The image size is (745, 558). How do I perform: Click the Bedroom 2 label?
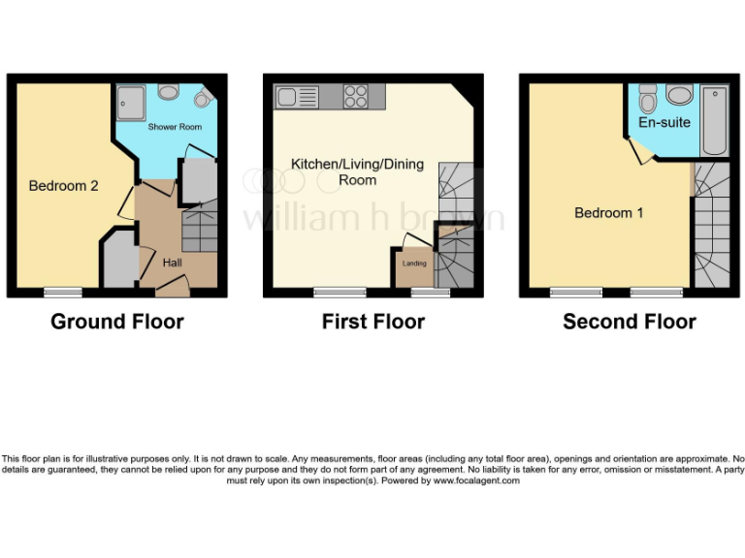point(63,186)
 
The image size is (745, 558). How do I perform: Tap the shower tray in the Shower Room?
point(130,100)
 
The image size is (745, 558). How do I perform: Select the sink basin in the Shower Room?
point(168,92)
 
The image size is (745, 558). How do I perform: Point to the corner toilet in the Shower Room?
point(202,99)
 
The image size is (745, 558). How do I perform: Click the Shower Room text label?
point(175,127)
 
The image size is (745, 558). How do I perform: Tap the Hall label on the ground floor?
point(171,263)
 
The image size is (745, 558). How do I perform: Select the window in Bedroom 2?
point(63,292)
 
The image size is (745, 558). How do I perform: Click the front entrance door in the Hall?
point(172,284)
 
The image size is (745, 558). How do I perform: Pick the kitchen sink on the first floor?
point(297,96)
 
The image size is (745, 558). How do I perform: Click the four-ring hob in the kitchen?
point(356,96)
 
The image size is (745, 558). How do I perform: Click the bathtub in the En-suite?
point(714,120)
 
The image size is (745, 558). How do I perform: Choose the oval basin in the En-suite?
point(680,95)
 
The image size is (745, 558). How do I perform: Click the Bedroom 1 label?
point(608,213)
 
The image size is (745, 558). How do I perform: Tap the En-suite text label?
point(664,123)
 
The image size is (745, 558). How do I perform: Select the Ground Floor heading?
point(116,322)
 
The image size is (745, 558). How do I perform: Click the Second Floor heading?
point(629,322)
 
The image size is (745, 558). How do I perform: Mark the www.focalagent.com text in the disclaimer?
point(476,480)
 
